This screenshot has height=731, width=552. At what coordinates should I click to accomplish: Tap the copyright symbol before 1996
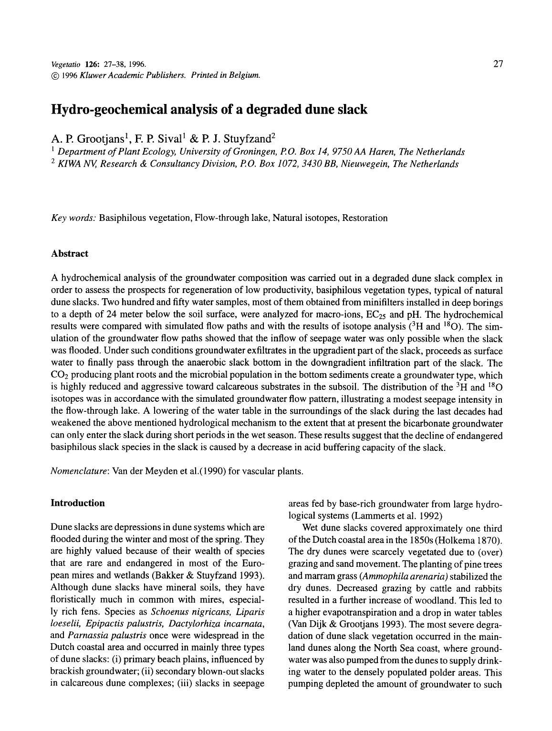click(x=54, y=75)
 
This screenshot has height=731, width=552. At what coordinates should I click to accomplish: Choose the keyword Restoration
click(x=365, y=218)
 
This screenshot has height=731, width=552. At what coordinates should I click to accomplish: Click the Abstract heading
click(x=70, y=253)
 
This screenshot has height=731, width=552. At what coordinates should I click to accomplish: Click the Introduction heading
click(x=78, y=503)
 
